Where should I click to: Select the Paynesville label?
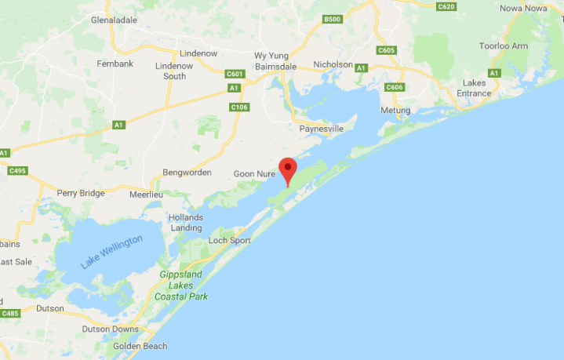(x=322, y=129)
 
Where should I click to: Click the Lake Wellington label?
(x=112, y=251)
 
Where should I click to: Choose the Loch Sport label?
(x=230, y=241)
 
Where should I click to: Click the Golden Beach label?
(x=140, y=346)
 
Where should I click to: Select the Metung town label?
(x=395, y=111)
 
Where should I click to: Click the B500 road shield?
(x=333, y=20)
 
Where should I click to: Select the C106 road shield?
(x=239, y=107)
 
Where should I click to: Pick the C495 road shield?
(x=16, y=170)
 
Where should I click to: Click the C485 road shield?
(x=9, y=314)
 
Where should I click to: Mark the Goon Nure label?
(x=253, y=173)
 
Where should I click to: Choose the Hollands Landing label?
(x=187, y=222)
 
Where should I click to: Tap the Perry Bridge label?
(x=81, y=193)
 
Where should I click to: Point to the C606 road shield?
(x=395, y=87)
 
